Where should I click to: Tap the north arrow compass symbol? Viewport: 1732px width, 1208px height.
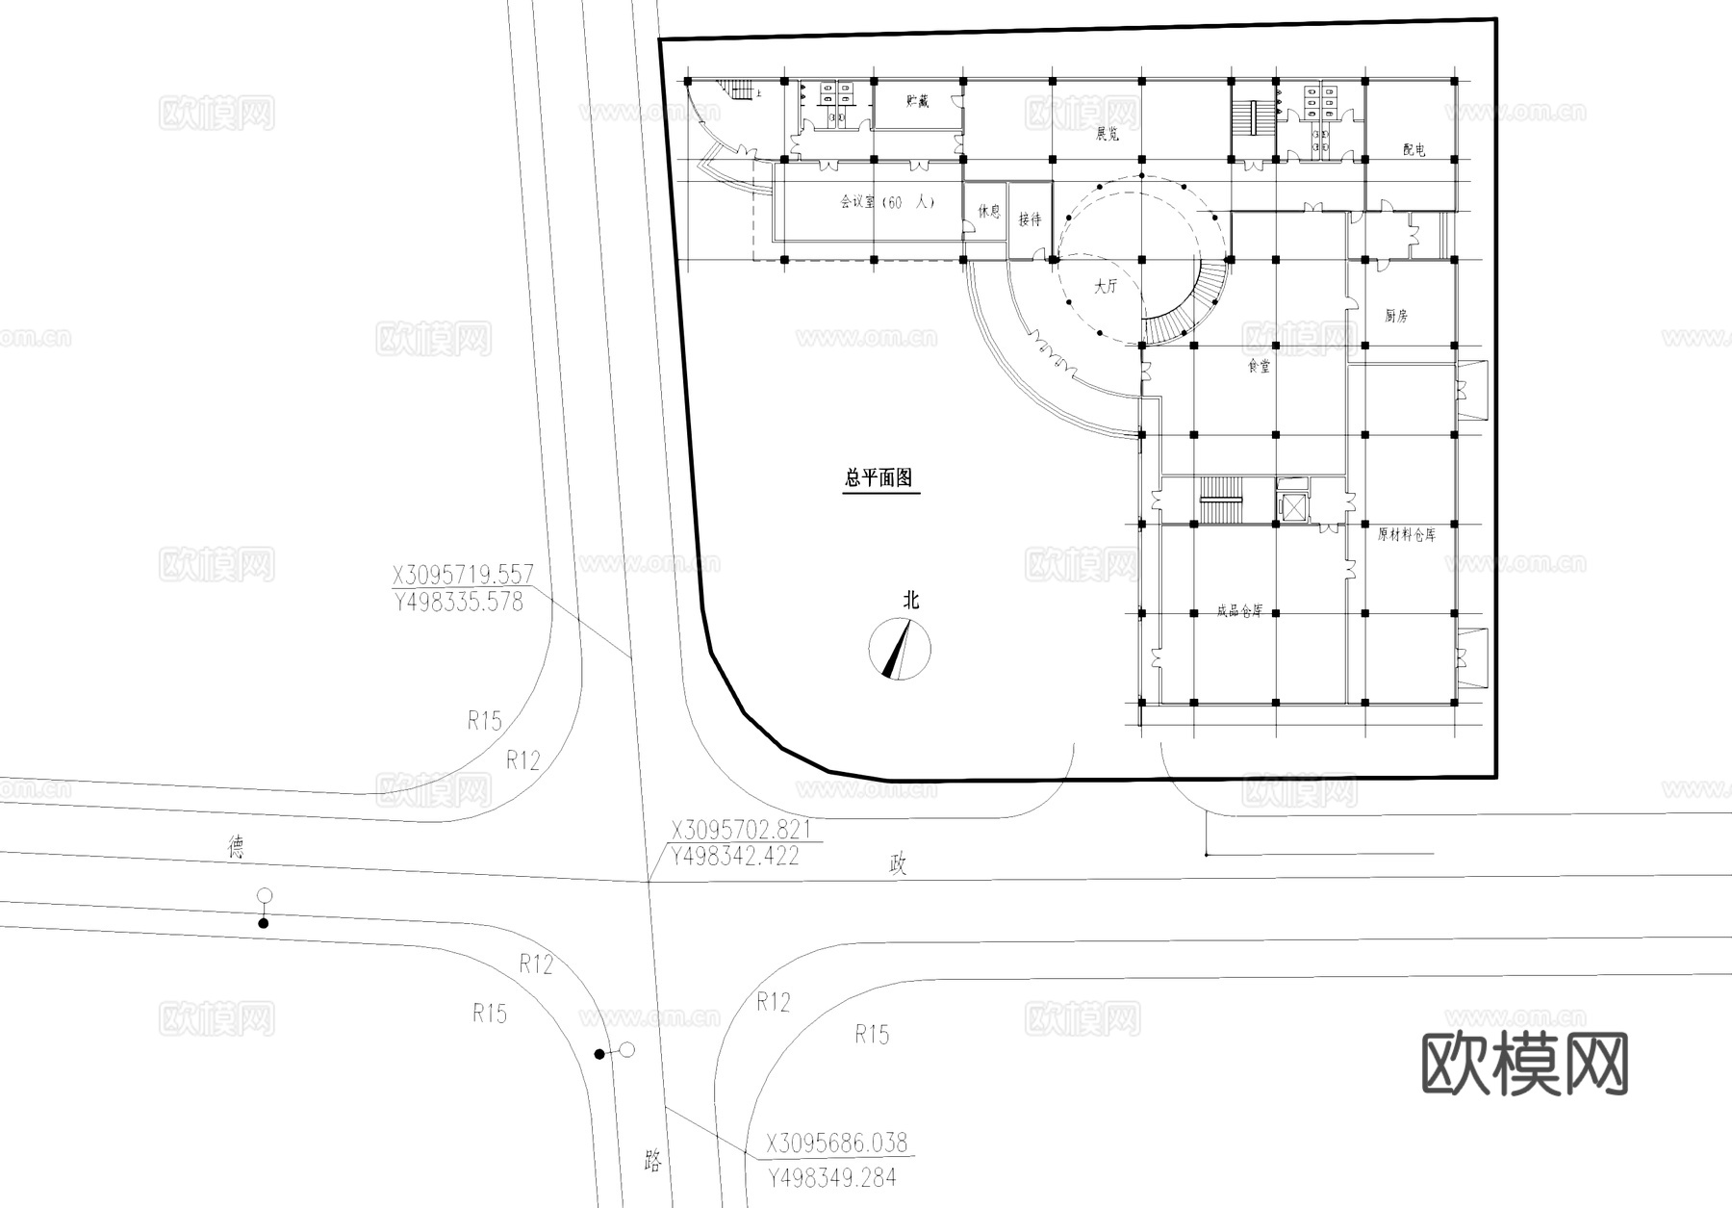pyautogui.click(x=900, y=650)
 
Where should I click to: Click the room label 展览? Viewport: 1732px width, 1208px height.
pyautogui.click(x=1108, y=135)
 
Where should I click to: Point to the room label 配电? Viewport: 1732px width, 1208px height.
pyautogui.click(x=1414, y=150)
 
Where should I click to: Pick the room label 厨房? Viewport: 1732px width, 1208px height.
pyautogui.click(x=1396, y=316)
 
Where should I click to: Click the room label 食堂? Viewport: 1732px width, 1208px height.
pyautogui.click(x=1259, y=367)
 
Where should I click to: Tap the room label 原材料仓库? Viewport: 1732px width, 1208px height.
pyautogui.click(x=1406, y=535)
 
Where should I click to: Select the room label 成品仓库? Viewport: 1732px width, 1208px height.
pyautogui.click(x=1239, y=611)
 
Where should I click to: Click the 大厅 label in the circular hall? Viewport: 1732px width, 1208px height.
pyautogui.click(x=1107, y=286)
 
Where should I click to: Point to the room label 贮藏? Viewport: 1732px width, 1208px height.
pyautogui.click(x=918, y=100)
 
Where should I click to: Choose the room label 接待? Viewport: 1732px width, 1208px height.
pyautogui.click(x=1030, y=219)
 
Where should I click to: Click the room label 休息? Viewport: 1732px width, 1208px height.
pyautogui.click(x=989, y=211)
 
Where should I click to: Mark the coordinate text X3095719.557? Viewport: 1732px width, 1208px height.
pyautogui.click(x=462, y=576)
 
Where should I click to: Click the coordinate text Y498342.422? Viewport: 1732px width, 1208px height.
pyautogui.click(x=735, y=857)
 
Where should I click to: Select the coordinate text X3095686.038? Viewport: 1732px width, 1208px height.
pyautogui.click(x=837, y=1144)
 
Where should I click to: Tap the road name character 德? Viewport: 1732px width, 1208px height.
pyautogui.click(x=236, y=847)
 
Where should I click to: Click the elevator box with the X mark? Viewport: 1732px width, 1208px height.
pyautogui.click(x=1292, y=505)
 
